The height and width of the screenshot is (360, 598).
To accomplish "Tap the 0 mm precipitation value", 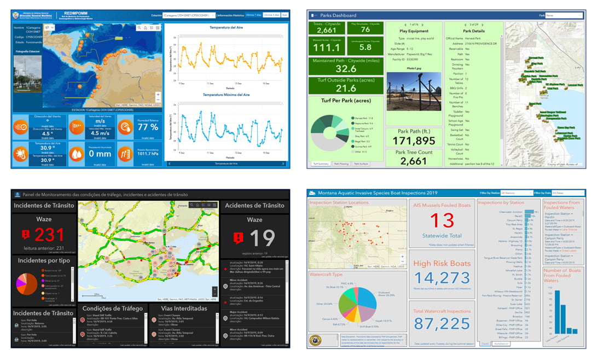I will [x=100, y=154].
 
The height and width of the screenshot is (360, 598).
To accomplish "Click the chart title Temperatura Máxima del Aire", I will [x=226, y=95].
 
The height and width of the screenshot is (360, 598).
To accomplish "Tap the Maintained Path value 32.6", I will [x=346, y=69].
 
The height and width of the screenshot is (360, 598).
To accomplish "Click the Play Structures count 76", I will [x=365, y=30].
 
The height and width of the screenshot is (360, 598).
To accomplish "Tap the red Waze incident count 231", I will [x=50, y=235].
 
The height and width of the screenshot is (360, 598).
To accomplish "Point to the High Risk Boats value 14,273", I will [x=442, y=277].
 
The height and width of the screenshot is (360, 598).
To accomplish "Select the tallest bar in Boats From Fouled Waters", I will [x=558, y=311].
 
